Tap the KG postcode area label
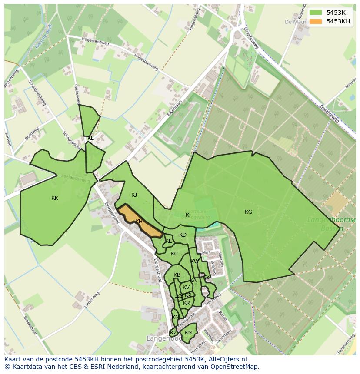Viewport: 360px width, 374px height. coord(248,212)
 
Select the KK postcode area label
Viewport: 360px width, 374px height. coord(55,198)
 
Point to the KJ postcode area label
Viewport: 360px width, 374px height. coord(134,195)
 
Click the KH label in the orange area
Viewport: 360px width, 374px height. coord(139,222)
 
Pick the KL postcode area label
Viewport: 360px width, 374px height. coord(90,138)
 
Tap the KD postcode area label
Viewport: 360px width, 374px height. coord(183,235)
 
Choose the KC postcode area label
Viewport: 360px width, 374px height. coord(174,254)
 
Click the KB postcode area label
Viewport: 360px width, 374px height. coord(177,275)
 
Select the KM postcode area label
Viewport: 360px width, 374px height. coord(188,333)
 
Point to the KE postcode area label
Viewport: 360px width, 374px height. coord(169,241)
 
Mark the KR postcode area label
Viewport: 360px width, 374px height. coord(187,303)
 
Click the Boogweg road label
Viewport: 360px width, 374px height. coord(32,134)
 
